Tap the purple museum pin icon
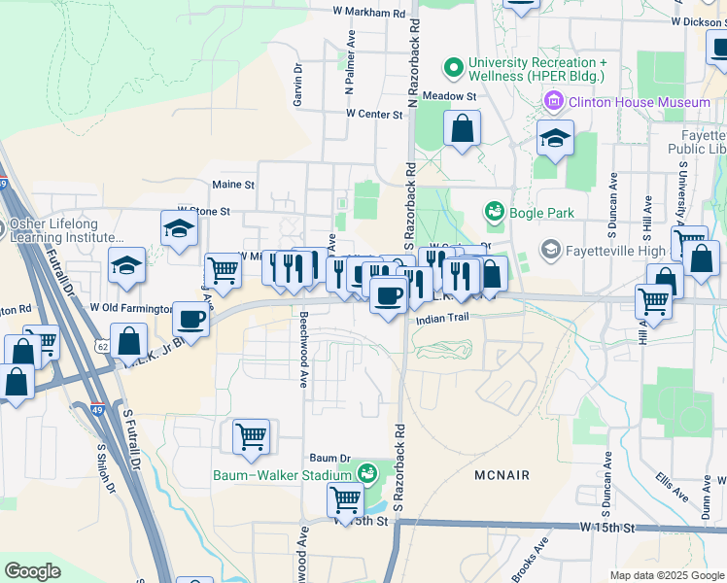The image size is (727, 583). (554, 100)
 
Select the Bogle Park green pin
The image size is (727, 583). (494, 212)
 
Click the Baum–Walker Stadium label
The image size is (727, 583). (282, 475)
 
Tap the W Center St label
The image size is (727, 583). (375, 115)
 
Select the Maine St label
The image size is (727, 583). (233, 184)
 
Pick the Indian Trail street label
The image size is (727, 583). (442, 318)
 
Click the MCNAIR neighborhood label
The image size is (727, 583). (502, 475)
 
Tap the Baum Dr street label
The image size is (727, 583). (329, 458)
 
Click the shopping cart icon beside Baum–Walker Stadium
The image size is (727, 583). (346, 499)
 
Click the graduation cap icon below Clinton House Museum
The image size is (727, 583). (555, 138)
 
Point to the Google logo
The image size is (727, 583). (32, 571)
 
